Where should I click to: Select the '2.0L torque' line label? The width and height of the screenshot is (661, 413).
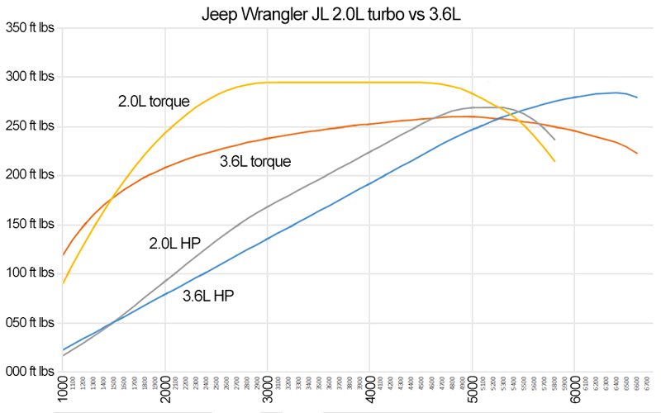pos(154,102)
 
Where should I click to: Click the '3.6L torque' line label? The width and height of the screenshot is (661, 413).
pos(255,162)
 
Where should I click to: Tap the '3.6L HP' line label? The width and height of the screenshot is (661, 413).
pos(208,295)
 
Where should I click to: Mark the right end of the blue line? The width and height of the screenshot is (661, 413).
pos(637,97)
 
